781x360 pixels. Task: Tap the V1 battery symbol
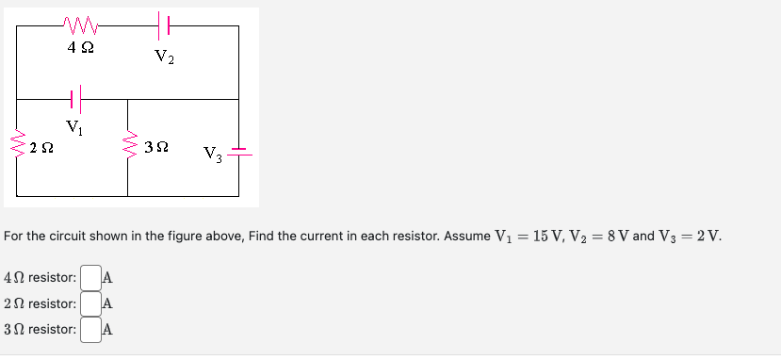pyautogui.click(x=75, y=97)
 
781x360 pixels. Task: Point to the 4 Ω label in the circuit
pyautogui.click(x=80, y=45)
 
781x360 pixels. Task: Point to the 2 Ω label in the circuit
pyautogui.click(x=41, y=147)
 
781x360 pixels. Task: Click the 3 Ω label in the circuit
pyautogui.click(x=157, y=147)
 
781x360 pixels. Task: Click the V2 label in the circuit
pyautogui.click(x=164, y=58)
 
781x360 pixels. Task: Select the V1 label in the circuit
pyautogui.click(x=74, y=127)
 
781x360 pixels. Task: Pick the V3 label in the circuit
pyautogui.click(x=212, y=154)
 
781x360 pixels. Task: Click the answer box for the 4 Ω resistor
pyautogui.click(x=90, y=278)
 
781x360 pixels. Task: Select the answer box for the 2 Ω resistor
pyautogui.click(x=90, y=304)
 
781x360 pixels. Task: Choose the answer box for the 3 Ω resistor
pyautogui.click(x=90, y=330)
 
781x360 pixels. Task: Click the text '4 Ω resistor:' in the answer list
pyautogui.click(x=41, y=278)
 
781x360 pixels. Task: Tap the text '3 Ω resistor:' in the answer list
pyautogui.click(x=41, y=330)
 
